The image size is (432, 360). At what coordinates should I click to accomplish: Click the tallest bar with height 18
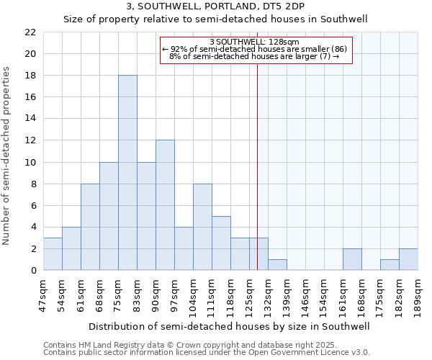[x=127, y=173]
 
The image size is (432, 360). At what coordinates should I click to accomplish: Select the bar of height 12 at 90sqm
[x=165, y=205]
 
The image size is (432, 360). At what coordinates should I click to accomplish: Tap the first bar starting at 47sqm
[x=53, y=253]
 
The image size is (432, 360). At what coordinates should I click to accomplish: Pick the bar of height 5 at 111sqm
[x=221, y=243]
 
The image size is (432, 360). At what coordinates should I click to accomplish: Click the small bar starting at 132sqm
[x=277, y=265]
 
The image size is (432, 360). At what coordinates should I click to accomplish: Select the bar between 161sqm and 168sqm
[x=352, y=259]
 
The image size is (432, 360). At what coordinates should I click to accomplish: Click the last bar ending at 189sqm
[x=408, y=259]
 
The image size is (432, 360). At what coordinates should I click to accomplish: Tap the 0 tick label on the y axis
[x=33, y=270]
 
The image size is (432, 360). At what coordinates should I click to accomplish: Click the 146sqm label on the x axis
[x=306, y=294]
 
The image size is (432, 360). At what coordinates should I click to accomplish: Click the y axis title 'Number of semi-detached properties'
[x=7, y=156]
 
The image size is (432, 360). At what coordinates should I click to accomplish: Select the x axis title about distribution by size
[x=230, y=326]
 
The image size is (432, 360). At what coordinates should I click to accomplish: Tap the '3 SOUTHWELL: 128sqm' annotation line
[x=255, y=42]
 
